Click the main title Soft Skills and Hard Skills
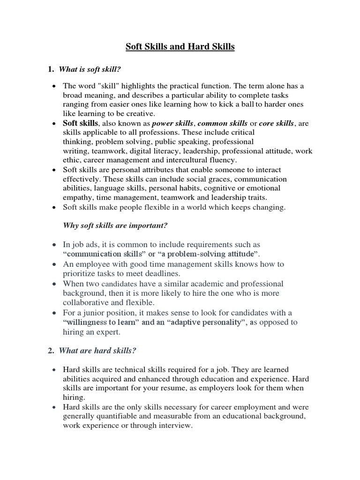[180, 47]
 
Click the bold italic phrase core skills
[277, 123]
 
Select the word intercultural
[193, 160]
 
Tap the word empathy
[77, 197]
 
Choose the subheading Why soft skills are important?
[115, 226]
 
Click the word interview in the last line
[176, 426]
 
